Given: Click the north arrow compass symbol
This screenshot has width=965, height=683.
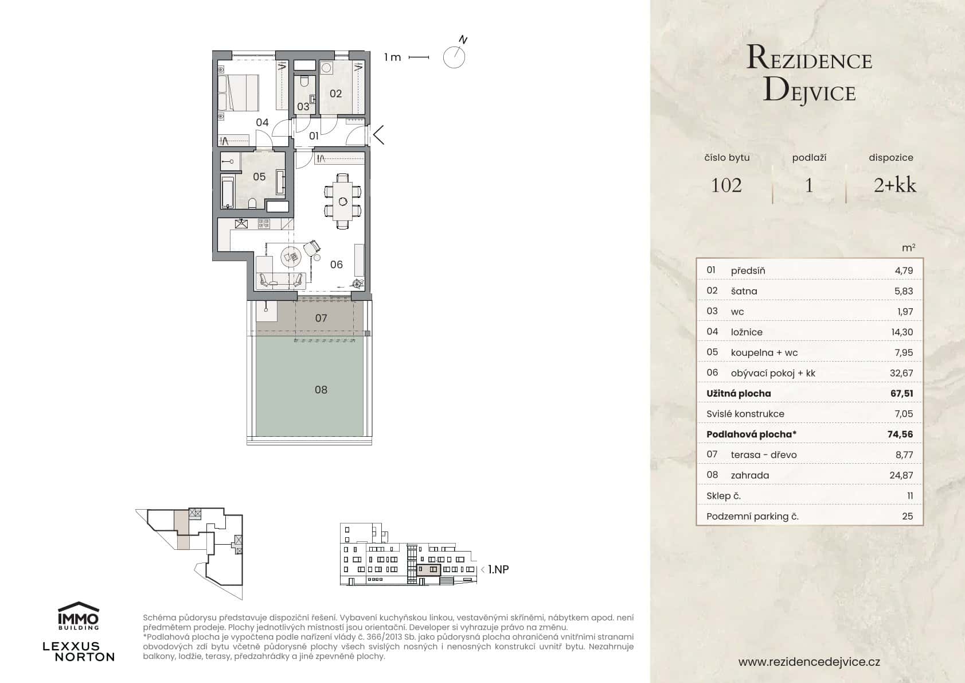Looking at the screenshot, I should click(454, 56).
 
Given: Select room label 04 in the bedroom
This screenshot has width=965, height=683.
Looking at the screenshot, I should click(262, 122).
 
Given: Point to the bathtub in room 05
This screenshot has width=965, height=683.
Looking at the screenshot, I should click(228, 192).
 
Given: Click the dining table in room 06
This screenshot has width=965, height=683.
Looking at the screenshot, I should click(343, 201).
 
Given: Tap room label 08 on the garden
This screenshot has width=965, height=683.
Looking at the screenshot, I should click(321, 390).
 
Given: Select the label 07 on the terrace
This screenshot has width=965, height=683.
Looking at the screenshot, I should click(321, 318).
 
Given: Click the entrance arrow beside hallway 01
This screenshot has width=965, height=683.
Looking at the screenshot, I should click(378, 135).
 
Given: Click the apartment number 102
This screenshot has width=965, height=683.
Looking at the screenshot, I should click(726, 185).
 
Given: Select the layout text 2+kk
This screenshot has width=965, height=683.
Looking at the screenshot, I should click(894, 185).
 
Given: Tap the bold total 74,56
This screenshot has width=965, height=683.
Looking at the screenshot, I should click(900, 434).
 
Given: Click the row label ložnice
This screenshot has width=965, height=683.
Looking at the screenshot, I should click(747, 332).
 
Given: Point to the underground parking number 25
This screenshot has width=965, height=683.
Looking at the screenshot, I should click(907, 516).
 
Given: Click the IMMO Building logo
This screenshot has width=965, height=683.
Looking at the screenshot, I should click(79, 616).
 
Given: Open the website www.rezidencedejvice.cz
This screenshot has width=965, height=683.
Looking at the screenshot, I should click(809, 662).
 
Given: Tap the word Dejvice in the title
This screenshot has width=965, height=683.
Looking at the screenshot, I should click(810, 92).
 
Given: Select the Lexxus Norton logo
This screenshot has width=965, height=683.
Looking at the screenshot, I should click(79, 651).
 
